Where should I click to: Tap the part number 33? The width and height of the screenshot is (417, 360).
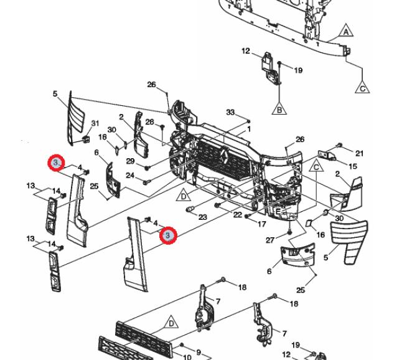230,113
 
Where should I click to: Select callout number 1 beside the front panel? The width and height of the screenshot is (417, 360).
249,130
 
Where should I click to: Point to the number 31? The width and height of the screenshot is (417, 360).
95,123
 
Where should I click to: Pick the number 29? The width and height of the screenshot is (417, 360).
130,162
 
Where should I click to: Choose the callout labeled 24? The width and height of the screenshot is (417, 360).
130,176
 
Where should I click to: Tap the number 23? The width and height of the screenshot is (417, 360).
202,217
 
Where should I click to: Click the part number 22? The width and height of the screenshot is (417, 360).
238,214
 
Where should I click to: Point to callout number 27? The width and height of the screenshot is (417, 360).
269,240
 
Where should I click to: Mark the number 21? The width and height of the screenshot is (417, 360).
359,153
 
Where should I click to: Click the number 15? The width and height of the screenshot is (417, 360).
353,166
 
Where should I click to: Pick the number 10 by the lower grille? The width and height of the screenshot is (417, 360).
187,356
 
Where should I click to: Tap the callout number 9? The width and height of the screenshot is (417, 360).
199,353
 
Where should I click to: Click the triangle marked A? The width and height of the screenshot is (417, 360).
346,31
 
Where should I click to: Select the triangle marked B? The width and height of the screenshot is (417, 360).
279,110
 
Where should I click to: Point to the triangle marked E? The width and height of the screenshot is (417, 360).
278,211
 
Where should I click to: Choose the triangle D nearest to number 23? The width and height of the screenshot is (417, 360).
184,196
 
